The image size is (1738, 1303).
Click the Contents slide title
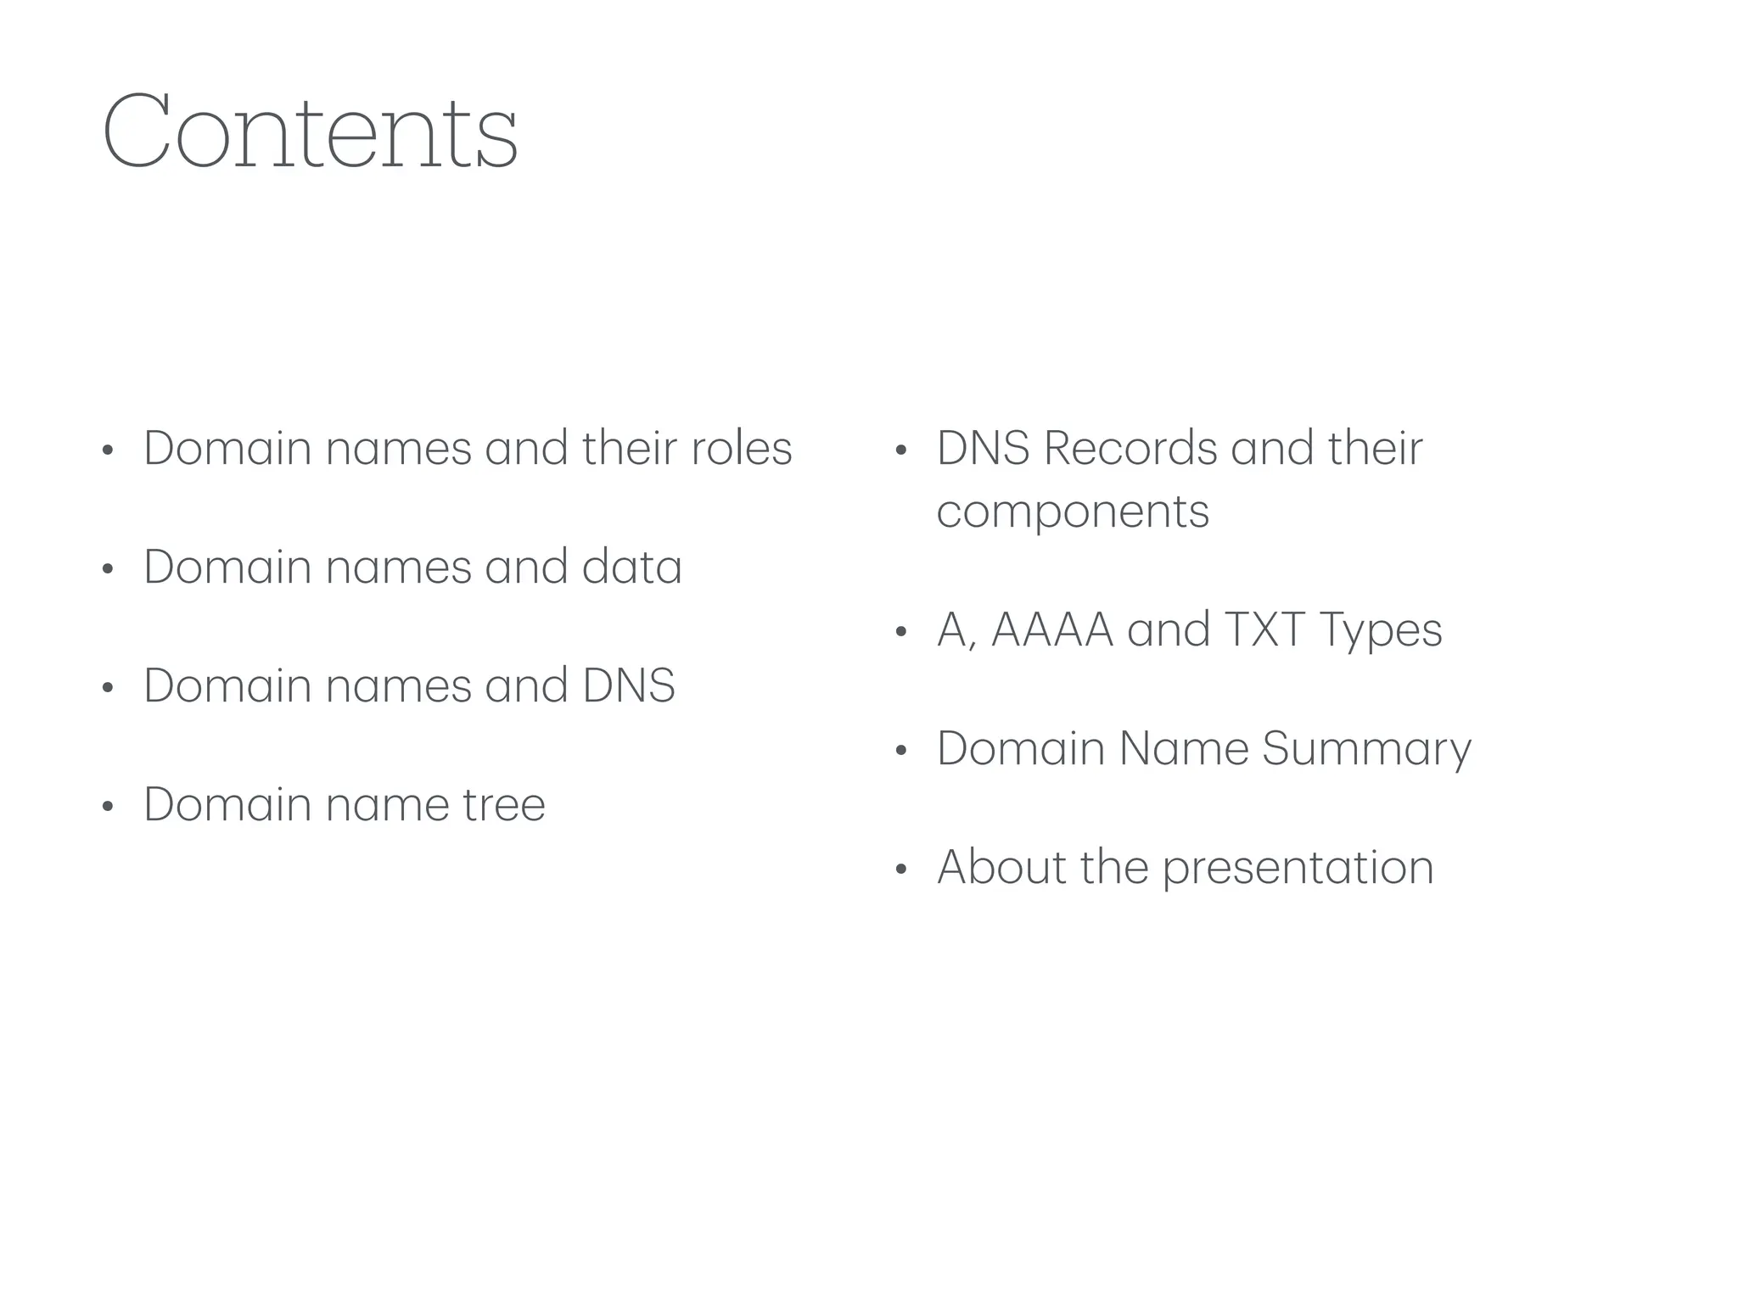click(310, 131)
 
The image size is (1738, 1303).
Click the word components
click(1073, 512)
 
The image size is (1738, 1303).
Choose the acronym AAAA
click(1051, 630)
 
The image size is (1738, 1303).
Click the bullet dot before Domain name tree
click(107, 807)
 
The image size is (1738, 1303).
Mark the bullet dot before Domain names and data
click(107, 569)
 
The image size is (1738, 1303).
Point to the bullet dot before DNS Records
click(901, 450)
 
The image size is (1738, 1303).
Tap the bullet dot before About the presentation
click(901, 870)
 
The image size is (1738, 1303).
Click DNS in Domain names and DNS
click(629, 686)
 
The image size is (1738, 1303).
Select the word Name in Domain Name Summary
click(1183, 749)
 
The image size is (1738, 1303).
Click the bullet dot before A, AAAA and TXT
click(901, 632)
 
